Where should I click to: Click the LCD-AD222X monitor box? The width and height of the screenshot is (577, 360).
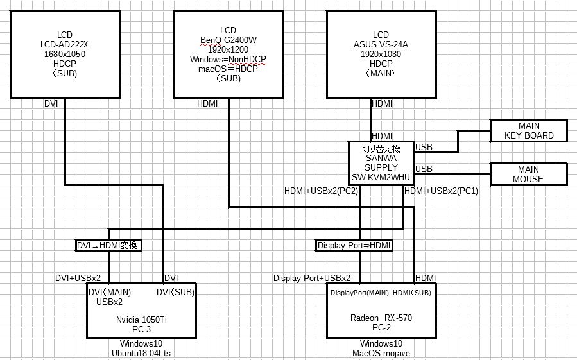coord(65,55)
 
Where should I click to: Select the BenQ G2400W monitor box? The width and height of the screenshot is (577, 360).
coord(228,55)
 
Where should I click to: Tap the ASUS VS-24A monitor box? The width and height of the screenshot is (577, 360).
coord(381,55)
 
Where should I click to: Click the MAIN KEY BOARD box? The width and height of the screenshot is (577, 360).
coord(528,131)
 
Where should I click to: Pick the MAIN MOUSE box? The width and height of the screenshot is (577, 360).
coord(528,174)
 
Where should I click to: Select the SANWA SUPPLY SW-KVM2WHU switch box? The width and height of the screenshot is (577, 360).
coord(381,162)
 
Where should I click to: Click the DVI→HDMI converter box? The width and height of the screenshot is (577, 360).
coord(108,245)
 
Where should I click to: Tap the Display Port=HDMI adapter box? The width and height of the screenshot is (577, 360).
coord(355,245)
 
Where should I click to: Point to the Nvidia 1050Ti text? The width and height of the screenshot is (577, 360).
coord(141,319)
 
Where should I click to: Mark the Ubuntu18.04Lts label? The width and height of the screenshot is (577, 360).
coord(141,353)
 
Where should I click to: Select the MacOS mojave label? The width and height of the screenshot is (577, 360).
coord(381,353)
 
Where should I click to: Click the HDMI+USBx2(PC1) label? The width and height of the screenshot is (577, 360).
coord(442,191)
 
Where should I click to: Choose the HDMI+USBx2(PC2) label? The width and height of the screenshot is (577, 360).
coord(321,191)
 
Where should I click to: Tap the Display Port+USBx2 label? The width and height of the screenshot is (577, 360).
coord(312,278)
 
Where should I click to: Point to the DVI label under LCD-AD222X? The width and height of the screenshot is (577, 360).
coord(51,103)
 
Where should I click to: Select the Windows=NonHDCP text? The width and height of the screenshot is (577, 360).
coord(228,60)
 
